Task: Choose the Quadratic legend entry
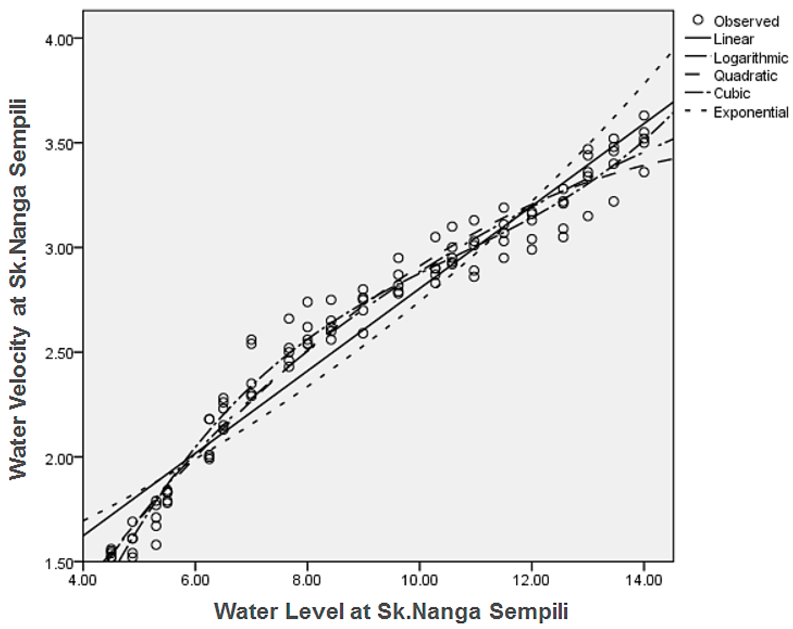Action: click(x=745, y=76)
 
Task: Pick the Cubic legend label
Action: click(x=732, y=93)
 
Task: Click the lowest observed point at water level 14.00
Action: click(x=644, y=172)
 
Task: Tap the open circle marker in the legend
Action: click(x=698, y=20)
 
